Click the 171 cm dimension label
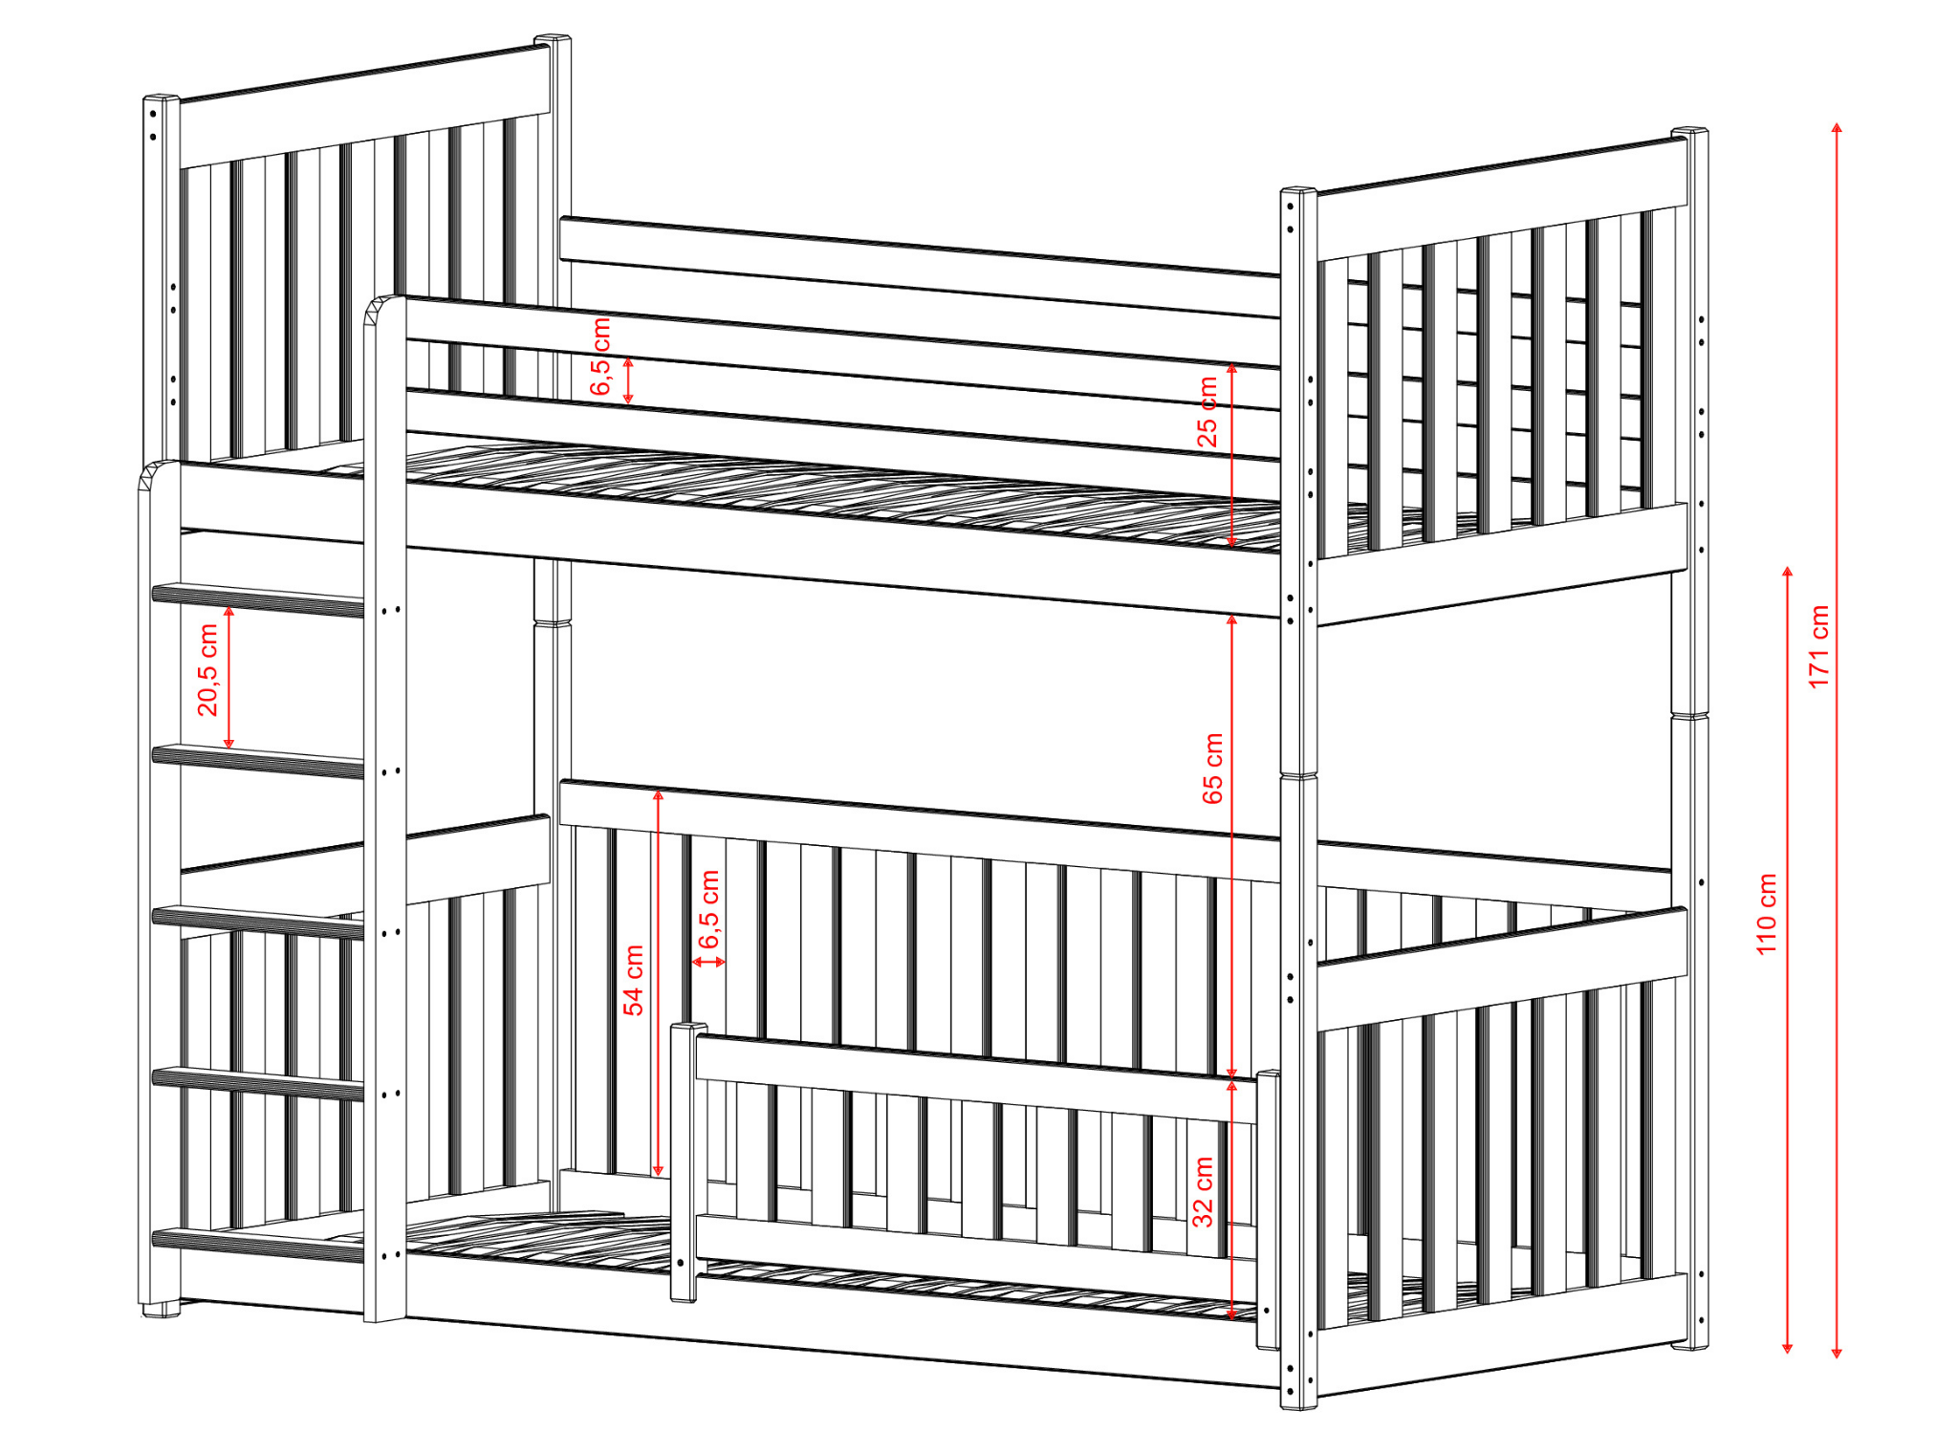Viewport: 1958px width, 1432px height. click(x=1818, y=646)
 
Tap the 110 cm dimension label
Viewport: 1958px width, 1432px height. click(x=1767, y=913)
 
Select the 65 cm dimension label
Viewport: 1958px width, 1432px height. click(x=1212, y=769)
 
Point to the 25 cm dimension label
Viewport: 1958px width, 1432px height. click(x=1208, y=412)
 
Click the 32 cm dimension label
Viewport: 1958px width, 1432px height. click(x=1203, y=1191)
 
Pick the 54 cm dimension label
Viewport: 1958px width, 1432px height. click(x=633, y=980)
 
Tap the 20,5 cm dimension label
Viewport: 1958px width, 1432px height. click(x=207, y=669)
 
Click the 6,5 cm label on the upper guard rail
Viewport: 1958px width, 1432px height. click(x=600, y=357)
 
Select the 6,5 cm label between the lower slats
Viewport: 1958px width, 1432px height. click(x=708, y=909)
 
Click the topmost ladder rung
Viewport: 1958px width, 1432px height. click(x=258, y=600)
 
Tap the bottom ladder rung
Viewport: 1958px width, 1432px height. click(x=258, y=1245)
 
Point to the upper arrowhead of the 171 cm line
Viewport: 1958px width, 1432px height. click(x=1837, y=128)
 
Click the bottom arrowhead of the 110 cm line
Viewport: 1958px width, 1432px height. click(x=1787, y=1347)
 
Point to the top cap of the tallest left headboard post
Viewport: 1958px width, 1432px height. click(x=553, y=40)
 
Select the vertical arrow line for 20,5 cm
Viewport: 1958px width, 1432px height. click(x=228, y=677)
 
